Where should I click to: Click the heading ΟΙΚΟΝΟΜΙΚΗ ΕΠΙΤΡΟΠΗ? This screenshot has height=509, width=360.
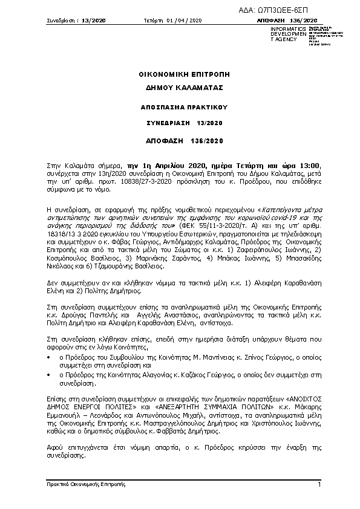[x=180, y=75]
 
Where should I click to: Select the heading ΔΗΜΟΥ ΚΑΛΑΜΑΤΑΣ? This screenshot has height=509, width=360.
[x=180, y=87]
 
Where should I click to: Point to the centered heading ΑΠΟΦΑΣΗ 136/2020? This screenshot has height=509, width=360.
[x=180, y=141]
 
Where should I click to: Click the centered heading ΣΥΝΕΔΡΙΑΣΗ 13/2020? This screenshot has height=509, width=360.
[x=180, y=123]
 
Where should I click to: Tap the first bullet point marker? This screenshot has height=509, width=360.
[x=49, y=358]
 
